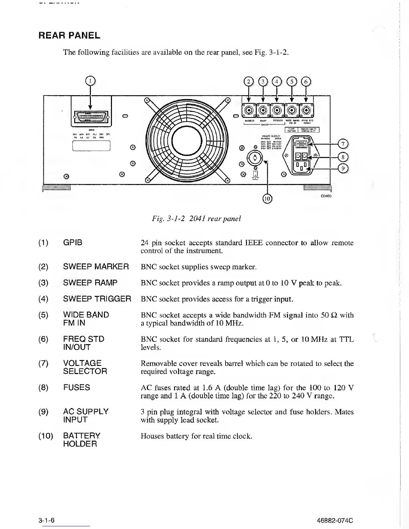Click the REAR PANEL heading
tap(70, 35)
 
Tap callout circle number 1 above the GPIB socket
tap(90, 81)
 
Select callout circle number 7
tap(343, 144)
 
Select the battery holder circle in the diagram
tap(255, 158)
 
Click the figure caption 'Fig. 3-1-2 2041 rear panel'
tap(196, 219)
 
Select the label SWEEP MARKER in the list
tap(96, 267)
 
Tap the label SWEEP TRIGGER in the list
tap(97, 299)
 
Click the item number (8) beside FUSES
tap(43, 388)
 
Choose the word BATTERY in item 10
tap(82, 436)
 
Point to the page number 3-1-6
tap(46, 521)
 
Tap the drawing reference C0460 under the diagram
tap(326, 196)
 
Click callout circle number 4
tap(277, 82)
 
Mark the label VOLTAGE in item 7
tap(82, 363)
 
